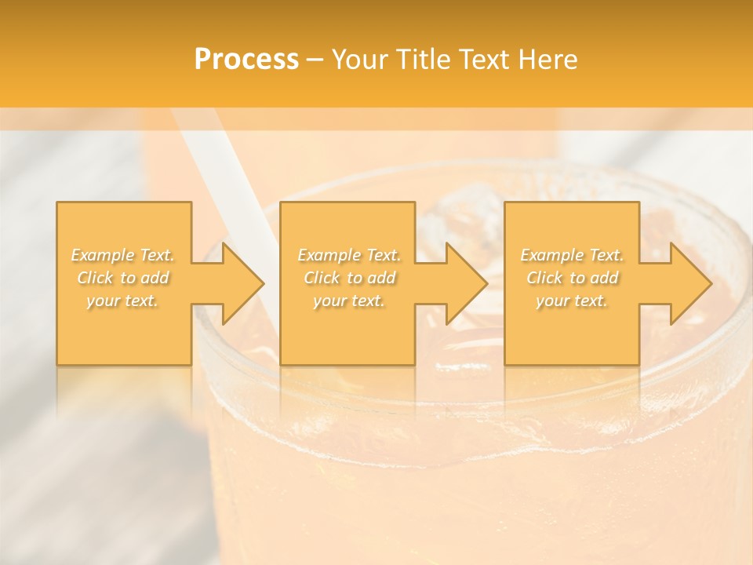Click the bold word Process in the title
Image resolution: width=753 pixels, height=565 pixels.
246,60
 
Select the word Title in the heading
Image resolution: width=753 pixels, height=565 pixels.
424,60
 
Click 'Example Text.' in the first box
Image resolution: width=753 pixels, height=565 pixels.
123,255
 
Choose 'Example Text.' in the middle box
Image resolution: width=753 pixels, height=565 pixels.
349,255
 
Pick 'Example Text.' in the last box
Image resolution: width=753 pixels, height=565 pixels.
572,255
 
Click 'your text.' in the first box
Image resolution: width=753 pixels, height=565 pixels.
122,301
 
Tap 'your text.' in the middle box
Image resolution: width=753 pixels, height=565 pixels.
348,301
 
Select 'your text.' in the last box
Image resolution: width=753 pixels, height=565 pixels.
572,301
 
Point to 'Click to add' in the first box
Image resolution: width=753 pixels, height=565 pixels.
123,278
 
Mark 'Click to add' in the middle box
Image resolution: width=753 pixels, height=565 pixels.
349,278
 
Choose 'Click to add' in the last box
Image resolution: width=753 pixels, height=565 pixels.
572,278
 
